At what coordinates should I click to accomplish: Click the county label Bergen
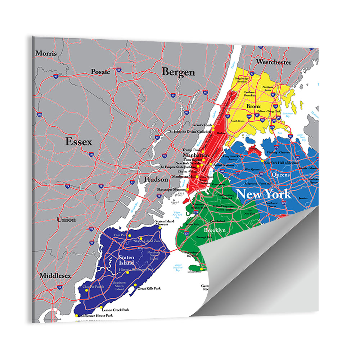178,72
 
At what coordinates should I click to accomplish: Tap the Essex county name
78,142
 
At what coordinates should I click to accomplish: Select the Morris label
46,53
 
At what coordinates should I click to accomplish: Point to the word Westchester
274,62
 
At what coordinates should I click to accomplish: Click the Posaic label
100,72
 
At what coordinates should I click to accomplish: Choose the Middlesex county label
55,276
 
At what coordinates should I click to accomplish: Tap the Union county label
66,219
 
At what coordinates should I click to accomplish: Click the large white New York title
263,194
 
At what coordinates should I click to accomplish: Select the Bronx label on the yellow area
253,107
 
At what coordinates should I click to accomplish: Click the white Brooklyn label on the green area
215,230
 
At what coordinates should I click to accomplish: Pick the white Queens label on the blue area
281,175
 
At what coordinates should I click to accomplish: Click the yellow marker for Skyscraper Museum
188,190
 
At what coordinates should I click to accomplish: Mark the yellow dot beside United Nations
211,164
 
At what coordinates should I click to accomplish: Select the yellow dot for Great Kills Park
135,285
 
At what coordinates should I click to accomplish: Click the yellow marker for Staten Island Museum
160,228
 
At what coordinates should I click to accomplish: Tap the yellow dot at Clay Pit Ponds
86,290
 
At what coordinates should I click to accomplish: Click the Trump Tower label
192,149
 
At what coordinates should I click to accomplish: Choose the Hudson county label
156,179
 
